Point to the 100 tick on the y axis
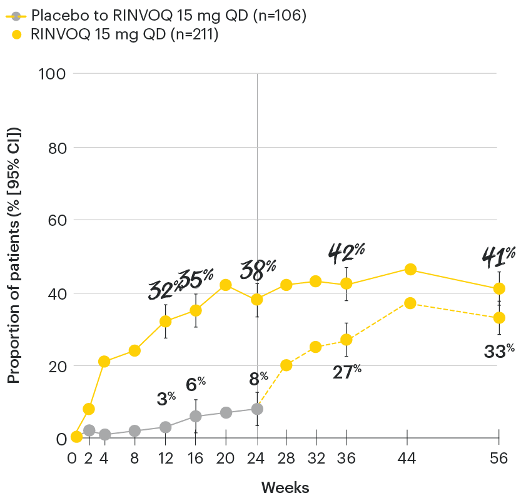click(x=54, y=74)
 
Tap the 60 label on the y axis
click(x=57, y=220)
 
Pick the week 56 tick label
click(x=499, y=459)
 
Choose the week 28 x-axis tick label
click(x=286, y=459)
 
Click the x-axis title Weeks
click(x=285, y=487)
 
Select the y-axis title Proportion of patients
click(x=14, y=255)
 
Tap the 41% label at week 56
click(x=498, y=255)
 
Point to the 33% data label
click(x=499, y=352)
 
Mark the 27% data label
click(x=346, y=370)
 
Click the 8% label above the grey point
click(x=258, y=378)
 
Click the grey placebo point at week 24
click(x=257, y=409)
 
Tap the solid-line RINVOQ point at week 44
click(x=410, y=270)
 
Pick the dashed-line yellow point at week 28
click(x=286, y=365)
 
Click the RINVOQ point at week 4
click(x=104, y=362)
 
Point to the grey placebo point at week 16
click(x=196, y=416)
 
